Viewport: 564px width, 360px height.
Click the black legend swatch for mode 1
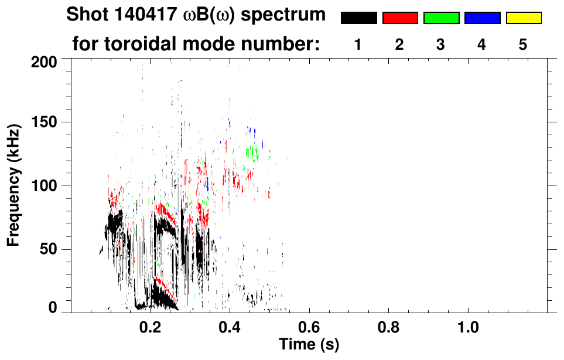358,18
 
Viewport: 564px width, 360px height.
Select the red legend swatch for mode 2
400,18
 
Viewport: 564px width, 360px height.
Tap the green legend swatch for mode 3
441,18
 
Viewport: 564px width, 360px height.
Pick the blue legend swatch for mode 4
482,18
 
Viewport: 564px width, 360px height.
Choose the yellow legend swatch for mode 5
523,18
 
